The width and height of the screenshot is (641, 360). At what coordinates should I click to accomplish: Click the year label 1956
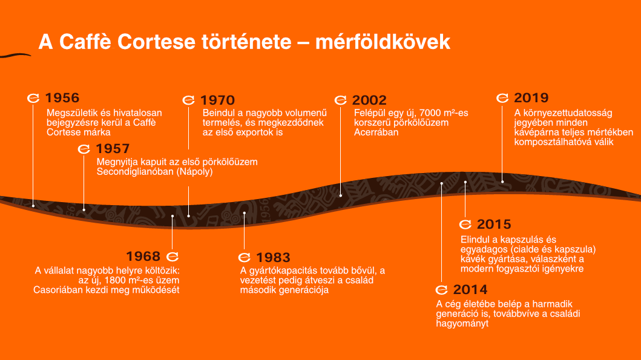(x=62, y=98)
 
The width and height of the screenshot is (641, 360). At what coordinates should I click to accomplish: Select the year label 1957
(x=113, y=148)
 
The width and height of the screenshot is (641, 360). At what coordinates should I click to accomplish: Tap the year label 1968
(x=143, y=257)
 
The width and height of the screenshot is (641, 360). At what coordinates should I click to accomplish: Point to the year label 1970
(x=217, y=100)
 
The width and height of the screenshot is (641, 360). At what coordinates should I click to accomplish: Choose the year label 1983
(x=273, y=258)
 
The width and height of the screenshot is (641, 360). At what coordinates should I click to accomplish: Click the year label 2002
(x=369, y=100)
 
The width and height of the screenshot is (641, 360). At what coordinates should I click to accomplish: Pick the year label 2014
(x=470, y=290)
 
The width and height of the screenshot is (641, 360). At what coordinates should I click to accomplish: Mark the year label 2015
(x=494, y=225)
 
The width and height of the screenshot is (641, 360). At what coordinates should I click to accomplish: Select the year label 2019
(x=531, y=98)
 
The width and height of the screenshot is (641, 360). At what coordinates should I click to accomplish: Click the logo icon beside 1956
(x=34, y=98)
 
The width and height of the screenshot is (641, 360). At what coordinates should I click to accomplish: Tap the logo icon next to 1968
(x=172, y=257)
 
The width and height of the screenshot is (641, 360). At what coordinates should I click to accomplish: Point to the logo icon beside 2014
(x=442, y=290)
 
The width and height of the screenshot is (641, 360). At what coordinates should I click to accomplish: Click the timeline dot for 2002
(x=341, y=195)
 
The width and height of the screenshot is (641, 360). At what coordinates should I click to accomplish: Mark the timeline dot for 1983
(x=245, y=213)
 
